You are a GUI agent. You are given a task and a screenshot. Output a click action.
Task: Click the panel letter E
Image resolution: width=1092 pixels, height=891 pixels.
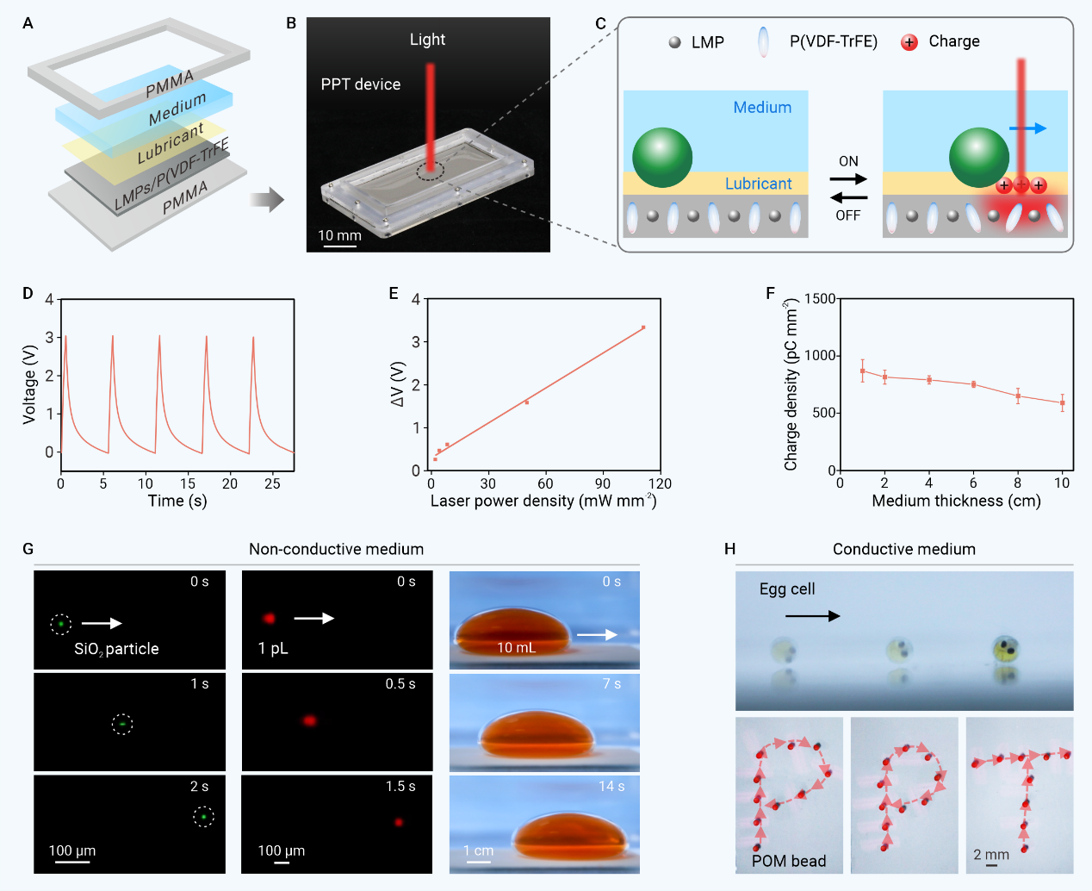click(394, 294)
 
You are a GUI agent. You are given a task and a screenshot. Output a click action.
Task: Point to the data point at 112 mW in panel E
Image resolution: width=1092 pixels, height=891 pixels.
click(643, 327)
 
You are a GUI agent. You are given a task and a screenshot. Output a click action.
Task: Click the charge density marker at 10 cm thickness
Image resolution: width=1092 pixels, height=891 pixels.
click(1063, 403)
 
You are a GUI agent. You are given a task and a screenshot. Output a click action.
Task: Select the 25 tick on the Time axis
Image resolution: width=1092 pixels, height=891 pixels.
click(272, 484)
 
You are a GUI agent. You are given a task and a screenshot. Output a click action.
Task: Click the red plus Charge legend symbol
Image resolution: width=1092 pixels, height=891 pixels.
click(909, 42)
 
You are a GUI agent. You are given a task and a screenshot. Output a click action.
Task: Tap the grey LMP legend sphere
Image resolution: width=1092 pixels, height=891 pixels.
click(675, 42)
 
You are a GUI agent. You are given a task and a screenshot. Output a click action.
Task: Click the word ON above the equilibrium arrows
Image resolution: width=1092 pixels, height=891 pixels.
click(848, 161)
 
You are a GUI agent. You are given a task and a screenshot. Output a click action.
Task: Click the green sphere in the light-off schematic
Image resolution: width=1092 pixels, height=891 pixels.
click(662, 158)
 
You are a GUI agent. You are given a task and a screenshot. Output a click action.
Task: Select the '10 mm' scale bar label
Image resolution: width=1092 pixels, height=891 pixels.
click(339, 235)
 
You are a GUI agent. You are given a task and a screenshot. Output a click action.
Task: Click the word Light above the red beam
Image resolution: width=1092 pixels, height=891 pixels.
click(427, 40)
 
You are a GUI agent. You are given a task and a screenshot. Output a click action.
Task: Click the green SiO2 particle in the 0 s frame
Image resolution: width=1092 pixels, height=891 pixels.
click(61, 624)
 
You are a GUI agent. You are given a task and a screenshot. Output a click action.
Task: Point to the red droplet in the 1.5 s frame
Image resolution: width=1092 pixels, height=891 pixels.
click(399, 822)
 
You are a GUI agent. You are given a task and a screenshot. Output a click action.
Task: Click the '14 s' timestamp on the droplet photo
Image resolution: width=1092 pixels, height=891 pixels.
click(611, 786)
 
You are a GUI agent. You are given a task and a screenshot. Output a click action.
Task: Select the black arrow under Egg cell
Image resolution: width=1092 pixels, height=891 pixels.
click(812, 616)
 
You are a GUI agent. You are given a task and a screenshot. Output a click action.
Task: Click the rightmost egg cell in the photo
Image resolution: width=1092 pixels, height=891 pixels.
click(1005, 647)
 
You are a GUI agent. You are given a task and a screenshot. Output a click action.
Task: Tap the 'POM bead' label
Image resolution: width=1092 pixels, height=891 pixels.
click(789, 861)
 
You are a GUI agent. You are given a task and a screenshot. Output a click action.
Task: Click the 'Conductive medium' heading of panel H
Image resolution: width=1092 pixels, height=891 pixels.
click(903, 549)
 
